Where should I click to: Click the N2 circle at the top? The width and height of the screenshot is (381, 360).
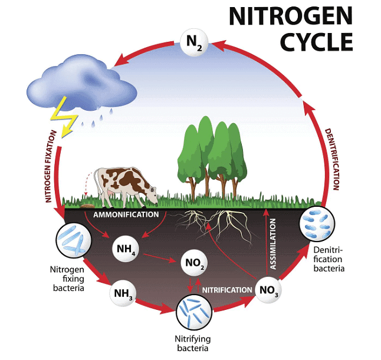point(194,43)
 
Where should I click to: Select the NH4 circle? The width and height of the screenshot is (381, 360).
point(126,249)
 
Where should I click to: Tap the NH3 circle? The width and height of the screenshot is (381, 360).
point(123,293)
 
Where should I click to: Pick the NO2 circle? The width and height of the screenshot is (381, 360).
point(194,263)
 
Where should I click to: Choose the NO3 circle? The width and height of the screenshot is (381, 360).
point(268,290)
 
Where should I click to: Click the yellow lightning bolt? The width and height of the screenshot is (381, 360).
point(64,117)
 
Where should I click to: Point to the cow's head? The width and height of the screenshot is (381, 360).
point(153,195)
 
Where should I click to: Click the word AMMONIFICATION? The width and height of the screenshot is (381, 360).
point(126,214)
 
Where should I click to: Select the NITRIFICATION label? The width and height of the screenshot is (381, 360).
point(227,290)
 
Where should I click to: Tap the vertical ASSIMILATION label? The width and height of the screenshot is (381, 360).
point(273,244)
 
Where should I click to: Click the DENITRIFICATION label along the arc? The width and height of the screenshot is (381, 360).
point(333,159)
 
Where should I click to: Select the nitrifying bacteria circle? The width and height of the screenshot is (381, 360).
point(194,312)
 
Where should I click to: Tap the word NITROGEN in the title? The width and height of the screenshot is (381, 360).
point(291,16)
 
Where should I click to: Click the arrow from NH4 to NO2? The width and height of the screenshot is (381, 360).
point(159,257)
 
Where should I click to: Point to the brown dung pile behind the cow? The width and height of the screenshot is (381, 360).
point(87,206)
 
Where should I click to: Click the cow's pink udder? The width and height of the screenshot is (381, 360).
point(110,193)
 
